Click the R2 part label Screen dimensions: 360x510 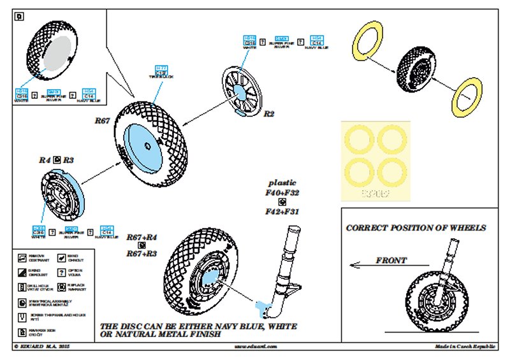pyautogui.click(x=269, y=114)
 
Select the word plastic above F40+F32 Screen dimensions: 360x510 pyautogui.click(x=282, y=183)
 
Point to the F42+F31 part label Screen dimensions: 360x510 pyautogui.click(x=283, y=212)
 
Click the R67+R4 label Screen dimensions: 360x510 pyautogui.click(x=142, y=237)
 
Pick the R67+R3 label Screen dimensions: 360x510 pyautogui.click(x=142, y=254)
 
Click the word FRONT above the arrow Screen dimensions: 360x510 pyautogui.click(x=391, y=260)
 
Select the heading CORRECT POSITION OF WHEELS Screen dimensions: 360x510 pyautogui.click(x=416, y=227)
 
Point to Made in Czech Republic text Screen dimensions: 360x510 pyautogui.click(x=465, y=347)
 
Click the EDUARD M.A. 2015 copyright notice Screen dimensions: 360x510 pyautogui.click(x=40, y=347)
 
